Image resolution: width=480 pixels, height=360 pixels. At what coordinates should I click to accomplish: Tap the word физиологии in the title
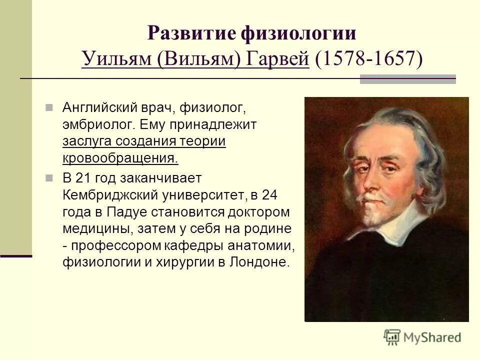299,34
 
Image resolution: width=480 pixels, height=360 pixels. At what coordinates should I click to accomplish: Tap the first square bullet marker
49,107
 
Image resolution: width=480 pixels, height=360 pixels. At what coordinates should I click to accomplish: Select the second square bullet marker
49,177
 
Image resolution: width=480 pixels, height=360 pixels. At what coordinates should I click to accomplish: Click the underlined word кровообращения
120,159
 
